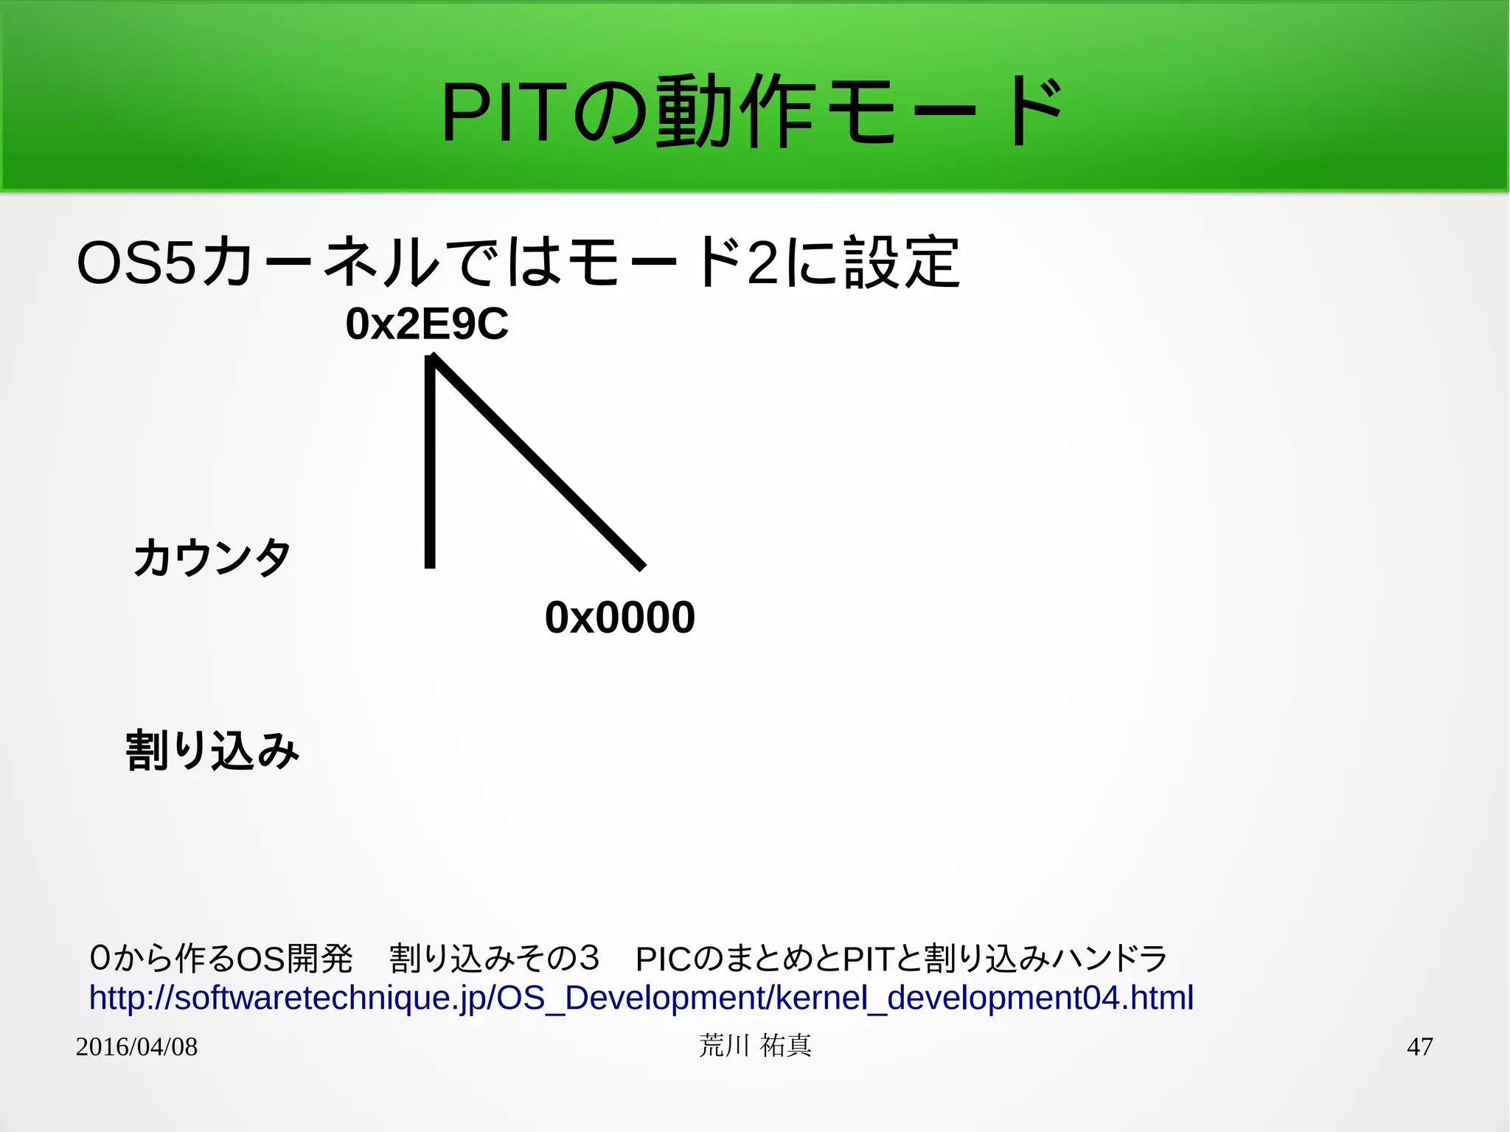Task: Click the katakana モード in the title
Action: [944, 113]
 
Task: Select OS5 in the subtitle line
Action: [137, 263]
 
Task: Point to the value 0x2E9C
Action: [427, 324]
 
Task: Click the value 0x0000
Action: [619, 617]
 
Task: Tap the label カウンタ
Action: [212, 557]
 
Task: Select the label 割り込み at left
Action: [212, 751]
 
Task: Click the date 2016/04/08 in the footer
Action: [136, 1046]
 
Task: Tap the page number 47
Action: [1419, 1046]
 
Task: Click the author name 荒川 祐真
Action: [755, 1046]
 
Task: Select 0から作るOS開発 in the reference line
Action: [220, 959]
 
